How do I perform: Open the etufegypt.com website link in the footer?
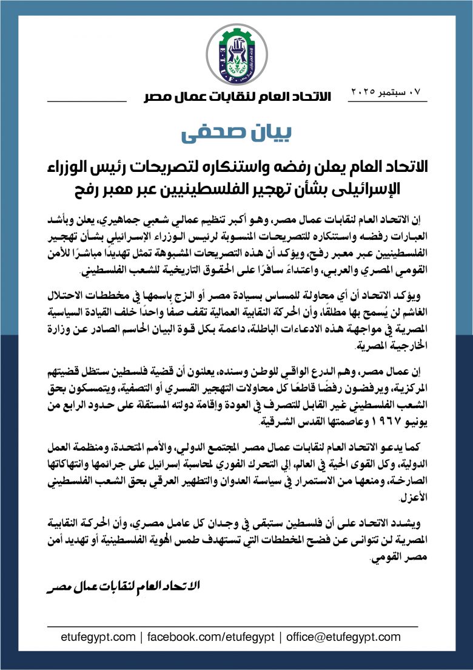pyautogui.click(x=98, y=637)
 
